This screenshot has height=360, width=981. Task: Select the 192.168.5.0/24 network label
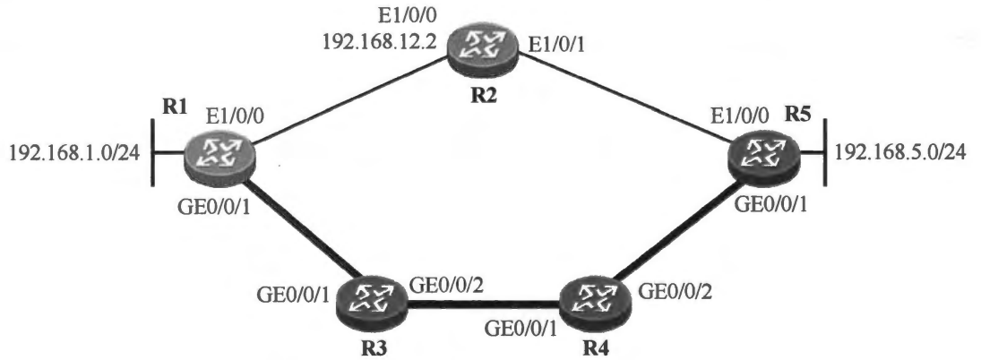(899, 152)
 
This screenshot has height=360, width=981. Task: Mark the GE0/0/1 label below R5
(770, 202)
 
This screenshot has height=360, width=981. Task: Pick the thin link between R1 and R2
(349, 99)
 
